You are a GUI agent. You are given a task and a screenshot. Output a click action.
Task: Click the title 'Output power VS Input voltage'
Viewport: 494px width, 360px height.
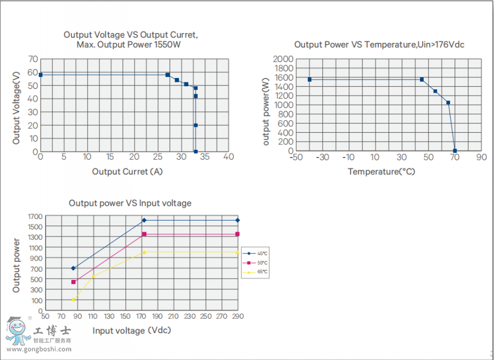[x=130, y=203]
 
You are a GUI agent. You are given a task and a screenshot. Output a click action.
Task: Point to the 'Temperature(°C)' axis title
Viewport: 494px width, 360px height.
[x=381, y=172]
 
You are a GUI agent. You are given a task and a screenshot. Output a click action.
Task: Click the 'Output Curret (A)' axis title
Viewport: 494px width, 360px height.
[x=127, y=171]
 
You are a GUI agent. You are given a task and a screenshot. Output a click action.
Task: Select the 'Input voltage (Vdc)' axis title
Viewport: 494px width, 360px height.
[x=132, y=330]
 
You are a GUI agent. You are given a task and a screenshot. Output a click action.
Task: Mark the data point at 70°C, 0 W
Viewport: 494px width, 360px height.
[x=455, y=151]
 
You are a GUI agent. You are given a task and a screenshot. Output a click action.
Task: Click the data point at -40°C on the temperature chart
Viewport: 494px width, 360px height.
[x=310, y=80]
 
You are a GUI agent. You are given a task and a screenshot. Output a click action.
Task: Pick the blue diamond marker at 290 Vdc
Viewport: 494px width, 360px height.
[x=238, y=220]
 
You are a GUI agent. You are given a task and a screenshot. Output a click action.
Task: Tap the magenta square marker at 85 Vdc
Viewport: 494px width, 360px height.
[x=74, y=282]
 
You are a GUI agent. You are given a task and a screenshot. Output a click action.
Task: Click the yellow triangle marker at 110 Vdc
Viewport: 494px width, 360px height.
[x=93, y=276]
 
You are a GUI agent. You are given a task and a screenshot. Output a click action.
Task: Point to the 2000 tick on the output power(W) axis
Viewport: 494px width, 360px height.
[x=284, y=59]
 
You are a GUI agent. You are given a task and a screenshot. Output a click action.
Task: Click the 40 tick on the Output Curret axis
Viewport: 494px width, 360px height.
[x=228, y=157]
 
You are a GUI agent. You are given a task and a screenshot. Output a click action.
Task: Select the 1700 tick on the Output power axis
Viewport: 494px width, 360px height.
[x=34, y=216]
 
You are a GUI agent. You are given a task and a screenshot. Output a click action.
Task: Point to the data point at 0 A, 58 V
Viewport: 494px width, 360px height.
[x=41, y=75]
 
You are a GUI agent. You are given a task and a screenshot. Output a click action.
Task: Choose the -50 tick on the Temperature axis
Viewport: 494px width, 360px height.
[x=296, y=157]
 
